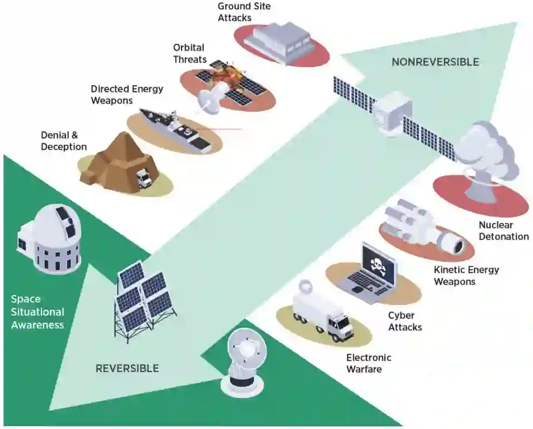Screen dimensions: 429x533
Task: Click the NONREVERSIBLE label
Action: point(435,62)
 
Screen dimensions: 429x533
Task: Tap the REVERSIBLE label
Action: point(127,368)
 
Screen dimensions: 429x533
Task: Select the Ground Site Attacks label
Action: point(244,11)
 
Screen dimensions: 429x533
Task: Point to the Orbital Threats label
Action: point(188,53)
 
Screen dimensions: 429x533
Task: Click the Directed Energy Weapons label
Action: point(127,94)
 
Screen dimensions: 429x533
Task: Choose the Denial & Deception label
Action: point(64,141)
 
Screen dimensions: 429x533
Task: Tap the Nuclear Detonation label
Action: point(503,230)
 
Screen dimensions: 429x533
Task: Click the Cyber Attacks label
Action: point(404,321)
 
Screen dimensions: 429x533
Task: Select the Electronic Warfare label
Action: point(368,364)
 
